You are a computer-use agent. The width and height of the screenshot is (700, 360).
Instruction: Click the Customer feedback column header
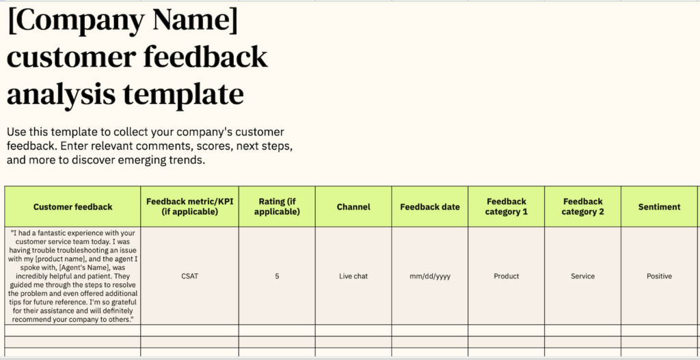[72, 206]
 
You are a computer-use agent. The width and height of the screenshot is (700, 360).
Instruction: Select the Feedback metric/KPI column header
[190, 206]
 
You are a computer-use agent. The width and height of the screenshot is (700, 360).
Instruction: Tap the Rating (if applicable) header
[277, 206]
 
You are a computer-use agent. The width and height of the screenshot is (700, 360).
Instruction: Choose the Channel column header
[353, 206]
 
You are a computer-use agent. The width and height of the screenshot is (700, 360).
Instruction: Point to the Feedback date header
[430, 206]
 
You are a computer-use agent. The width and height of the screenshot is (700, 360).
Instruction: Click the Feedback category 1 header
[507, 206]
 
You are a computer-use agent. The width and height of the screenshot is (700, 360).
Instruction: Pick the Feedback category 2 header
[582, 206]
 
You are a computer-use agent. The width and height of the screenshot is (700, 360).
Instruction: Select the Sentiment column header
[660, 206]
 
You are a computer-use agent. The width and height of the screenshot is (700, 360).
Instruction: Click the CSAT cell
[190, 276]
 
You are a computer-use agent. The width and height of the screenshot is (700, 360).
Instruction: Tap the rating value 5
[277, 276]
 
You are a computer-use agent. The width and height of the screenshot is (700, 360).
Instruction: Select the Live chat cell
[353, 276]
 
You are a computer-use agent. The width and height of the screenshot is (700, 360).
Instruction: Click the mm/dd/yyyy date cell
[430, 276]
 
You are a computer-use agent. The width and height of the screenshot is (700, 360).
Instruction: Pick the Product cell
[507, 276]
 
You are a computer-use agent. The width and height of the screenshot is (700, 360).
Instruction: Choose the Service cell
[582, 276]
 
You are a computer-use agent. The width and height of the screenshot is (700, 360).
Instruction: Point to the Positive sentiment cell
[660, 276]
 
